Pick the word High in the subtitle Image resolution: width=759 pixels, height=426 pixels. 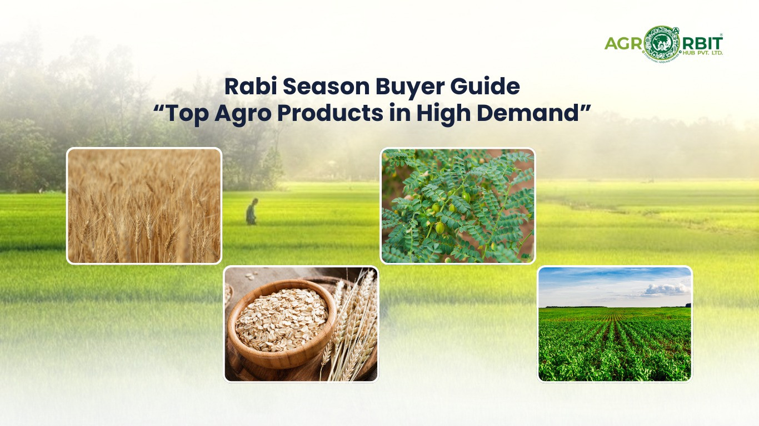[x=442, y=113]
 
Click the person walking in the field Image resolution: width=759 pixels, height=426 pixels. [x=252, y=211]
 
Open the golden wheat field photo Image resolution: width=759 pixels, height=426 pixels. [x=144, y=205]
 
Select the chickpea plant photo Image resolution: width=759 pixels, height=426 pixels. [x=458, y=205]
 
